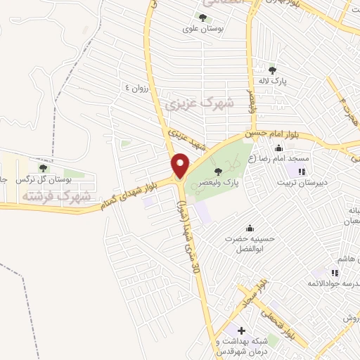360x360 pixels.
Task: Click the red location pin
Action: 180,165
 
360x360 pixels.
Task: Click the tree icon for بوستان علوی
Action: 203,18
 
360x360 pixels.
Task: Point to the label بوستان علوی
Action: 198,30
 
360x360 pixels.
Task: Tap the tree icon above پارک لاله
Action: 274,69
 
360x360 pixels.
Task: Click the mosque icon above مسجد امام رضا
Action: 279,148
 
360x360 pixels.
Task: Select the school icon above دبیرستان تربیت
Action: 302,171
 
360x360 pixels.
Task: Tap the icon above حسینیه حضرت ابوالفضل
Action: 250,228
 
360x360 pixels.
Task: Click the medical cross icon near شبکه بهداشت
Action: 241,330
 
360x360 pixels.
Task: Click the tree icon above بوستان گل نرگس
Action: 44,168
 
